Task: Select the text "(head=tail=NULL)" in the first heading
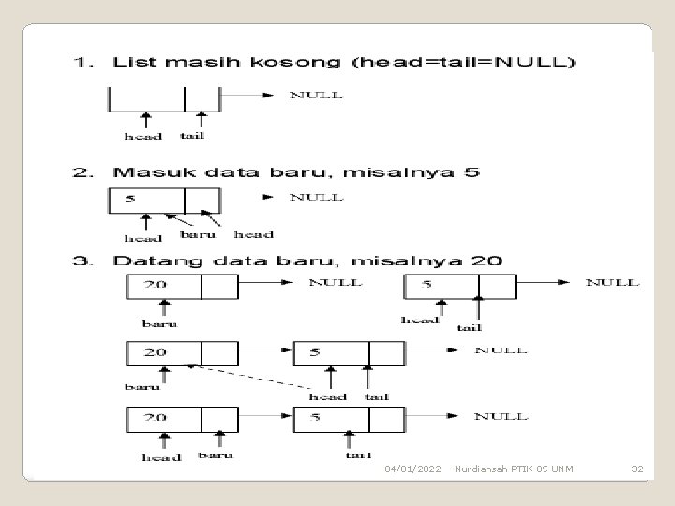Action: coord(464,63)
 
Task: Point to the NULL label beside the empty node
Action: coord(316,95)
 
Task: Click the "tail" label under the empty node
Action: coord(192,135)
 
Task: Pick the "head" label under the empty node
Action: coord(143,136)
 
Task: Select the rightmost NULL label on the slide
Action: coord(612,281)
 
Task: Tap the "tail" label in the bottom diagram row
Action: coord(357,455)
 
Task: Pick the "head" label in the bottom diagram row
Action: coord(161,457)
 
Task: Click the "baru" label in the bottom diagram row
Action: coord(215,456)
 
